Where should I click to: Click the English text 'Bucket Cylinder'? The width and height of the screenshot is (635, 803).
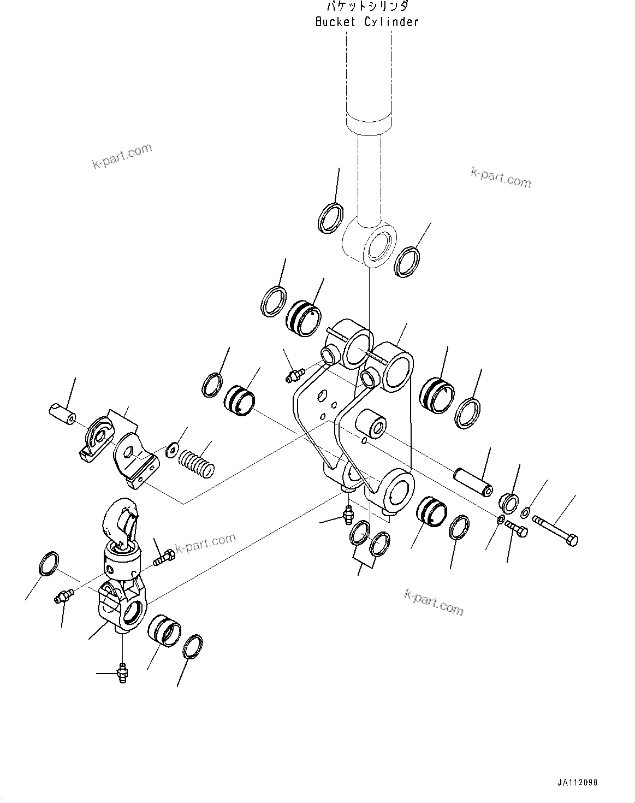click(x=367, y=22)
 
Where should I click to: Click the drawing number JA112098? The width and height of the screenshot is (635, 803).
click(x=578, y=783)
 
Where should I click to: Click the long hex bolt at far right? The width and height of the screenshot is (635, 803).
click(x=555, y=529)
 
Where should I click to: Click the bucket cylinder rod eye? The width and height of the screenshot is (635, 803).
click(x=369, y=245)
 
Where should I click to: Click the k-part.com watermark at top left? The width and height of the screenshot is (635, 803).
click(x=122, y=156)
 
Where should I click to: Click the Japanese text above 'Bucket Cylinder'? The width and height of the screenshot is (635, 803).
click(x=367, y=7)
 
